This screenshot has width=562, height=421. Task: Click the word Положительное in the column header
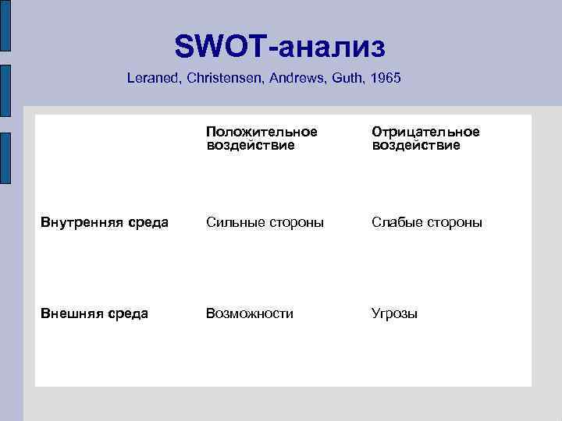261,132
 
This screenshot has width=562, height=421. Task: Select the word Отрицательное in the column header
425,132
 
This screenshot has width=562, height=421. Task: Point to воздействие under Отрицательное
416,145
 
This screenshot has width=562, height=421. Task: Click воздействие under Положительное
251,145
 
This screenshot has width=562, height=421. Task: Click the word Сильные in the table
233,223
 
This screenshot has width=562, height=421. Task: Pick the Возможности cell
250,313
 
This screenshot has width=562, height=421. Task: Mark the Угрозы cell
394,314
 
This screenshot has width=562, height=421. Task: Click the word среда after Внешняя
127,313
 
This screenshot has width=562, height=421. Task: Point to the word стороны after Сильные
294,223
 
